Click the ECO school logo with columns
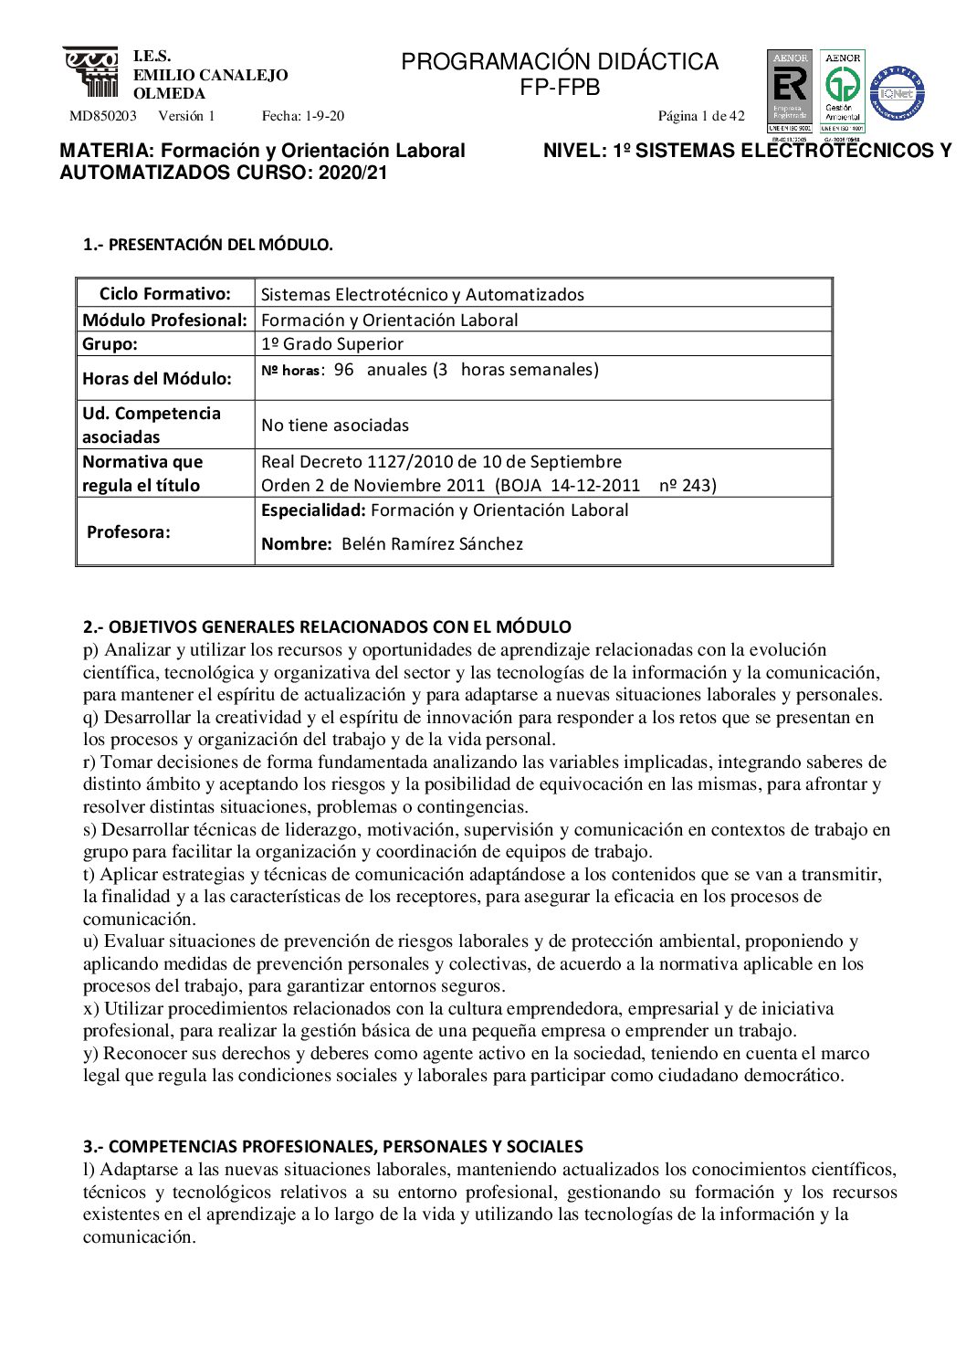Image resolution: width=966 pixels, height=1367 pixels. (x=90, y=72)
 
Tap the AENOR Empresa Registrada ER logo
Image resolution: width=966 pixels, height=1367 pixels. (x=789, y=90)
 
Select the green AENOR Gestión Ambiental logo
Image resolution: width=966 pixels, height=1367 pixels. (x=842, y=90)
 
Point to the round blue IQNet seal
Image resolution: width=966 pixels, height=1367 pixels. (x=897, y=93)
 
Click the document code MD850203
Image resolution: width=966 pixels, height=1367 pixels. (x=103, y=116)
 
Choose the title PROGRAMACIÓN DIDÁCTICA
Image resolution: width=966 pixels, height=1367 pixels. (x=560, y=62)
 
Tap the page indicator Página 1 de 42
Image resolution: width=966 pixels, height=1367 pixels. (x=701, y=116)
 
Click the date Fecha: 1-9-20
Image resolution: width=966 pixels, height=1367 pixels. (x=303, y=116)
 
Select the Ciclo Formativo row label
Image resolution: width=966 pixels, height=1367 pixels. (x=165, y=294)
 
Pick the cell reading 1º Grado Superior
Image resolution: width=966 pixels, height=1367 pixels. (x=332, y=344)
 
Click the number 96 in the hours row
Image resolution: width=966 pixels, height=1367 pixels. (x=344, y=370)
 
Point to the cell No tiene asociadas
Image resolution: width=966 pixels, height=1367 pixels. (x=335, y=426)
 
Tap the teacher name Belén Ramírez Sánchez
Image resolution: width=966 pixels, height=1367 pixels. (x=432, y=544)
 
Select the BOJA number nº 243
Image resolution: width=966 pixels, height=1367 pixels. (x=688, y=486)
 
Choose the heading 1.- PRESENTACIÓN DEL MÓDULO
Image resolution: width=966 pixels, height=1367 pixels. (x=208, y=245)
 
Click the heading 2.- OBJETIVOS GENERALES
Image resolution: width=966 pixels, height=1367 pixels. (x=327, y=627)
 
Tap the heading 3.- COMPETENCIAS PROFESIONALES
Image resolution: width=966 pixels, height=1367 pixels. (x=333, y=1147)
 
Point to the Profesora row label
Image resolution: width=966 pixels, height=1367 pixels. (x=129, y=532)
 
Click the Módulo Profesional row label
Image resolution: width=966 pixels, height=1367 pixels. (x=165, y=321)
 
